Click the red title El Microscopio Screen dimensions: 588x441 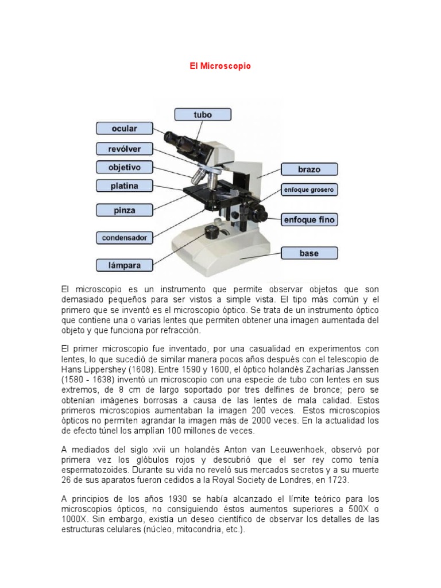220,67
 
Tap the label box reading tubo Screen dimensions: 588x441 203,115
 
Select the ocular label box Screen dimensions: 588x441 124,129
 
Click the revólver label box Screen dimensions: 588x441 124,149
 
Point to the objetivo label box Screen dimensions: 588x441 124,167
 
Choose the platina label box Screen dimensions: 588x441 124,185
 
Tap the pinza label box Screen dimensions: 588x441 124,210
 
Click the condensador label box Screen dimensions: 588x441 124,237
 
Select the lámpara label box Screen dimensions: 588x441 124,265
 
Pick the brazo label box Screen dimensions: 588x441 309,169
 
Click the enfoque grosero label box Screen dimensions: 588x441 309,189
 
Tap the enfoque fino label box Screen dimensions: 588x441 309,219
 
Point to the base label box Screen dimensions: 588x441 309,253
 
